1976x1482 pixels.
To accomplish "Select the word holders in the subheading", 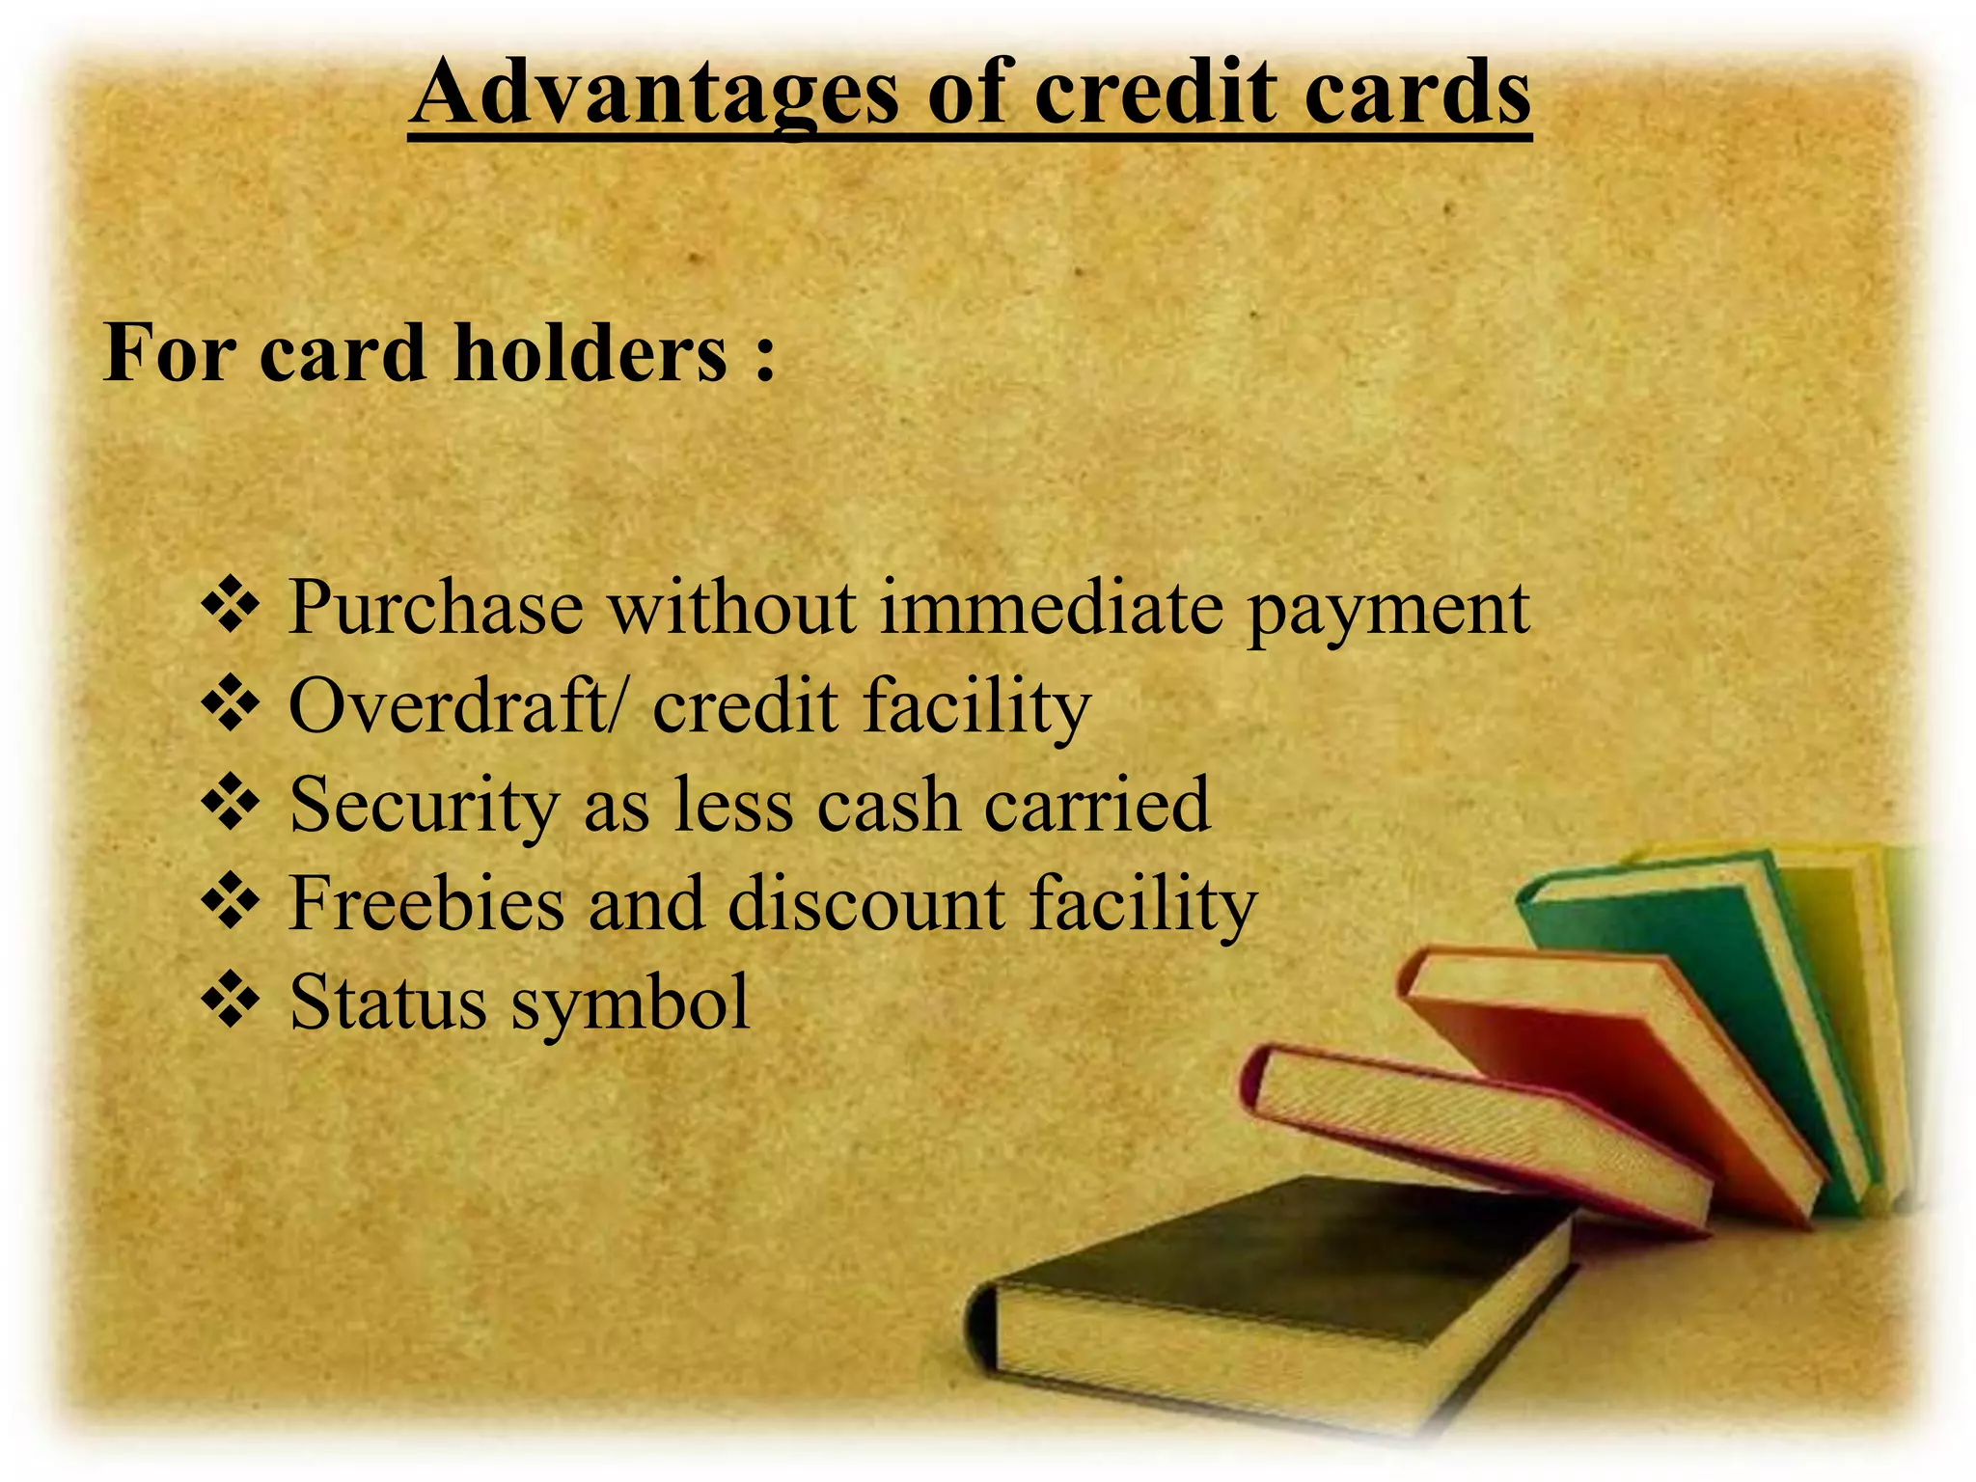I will pyautogui.click(x=590, y=353).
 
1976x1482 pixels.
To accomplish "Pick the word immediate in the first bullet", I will pyautogui.click(x=1052, y=608).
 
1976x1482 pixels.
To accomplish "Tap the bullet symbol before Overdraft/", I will pyautogui.click(x=230, y=704).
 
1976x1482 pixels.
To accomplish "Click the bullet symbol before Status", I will pyautogui.click(x=230, y=1002).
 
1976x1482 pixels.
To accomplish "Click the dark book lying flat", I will pyautogui.click(x=1283, y=1254).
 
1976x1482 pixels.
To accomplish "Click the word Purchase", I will pyautogui.click(x=436, y=608).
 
